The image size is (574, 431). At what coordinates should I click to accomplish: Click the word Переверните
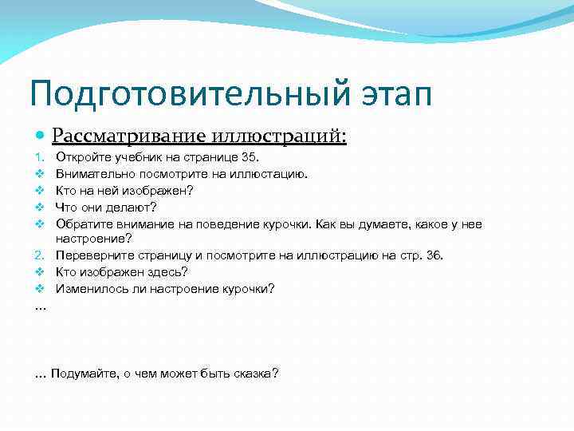[x=92, y=255]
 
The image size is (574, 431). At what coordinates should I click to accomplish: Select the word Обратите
[x=81, y=224]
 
